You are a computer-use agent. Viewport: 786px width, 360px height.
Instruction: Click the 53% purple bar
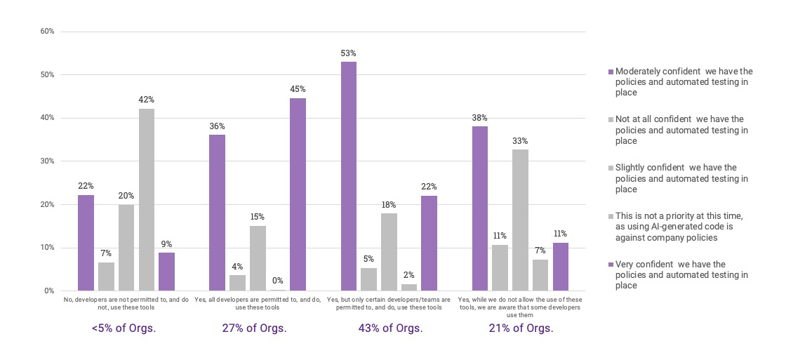349,176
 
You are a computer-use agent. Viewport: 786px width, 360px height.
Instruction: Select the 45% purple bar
298,194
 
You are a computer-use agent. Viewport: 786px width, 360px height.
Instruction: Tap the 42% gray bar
147,199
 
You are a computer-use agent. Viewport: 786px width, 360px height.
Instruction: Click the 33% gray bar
520,220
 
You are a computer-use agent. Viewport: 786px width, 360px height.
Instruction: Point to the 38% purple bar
479,208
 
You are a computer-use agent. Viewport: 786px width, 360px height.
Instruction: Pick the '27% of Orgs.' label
257,328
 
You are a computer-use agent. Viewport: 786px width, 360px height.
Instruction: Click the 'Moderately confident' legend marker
610,72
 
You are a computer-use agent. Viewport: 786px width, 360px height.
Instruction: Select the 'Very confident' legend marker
610,265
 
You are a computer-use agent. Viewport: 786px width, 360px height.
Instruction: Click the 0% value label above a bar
277,281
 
